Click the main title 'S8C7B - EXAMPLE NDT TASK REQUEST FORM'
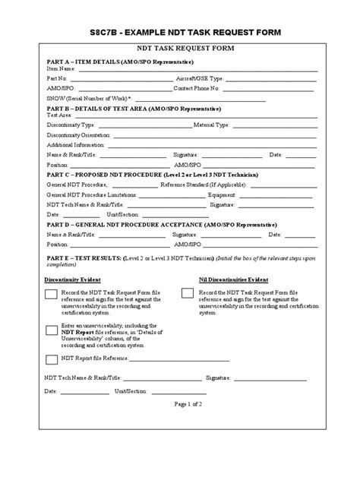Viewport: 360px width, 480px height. pos(180,33)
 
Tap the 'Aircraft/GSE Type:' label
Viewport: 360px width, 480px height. pos(199,77)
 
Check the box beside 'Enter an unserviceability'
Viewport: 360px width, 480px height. pos(51,330)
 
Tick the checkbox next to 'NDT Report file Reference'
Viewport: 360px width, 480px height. pos(51,359)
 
